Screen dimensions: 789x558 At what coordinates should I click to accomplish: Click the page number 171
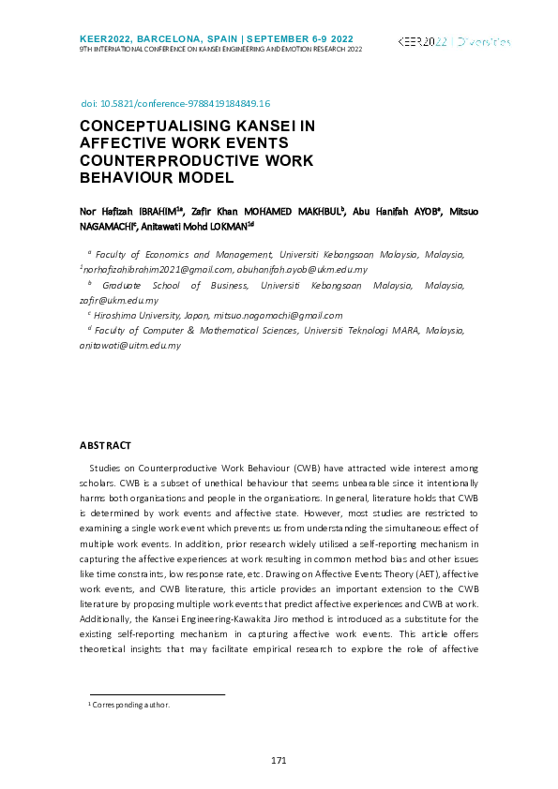pyautogui.click(x=278, y=760)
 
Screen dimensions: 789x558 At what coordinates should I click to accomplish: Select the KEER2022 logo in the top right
pyautogui.click(x=454, y=42)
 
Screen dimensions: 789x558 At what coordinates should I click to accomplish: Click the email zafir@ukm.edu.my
pyautogui.click(x=119, y=300)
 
